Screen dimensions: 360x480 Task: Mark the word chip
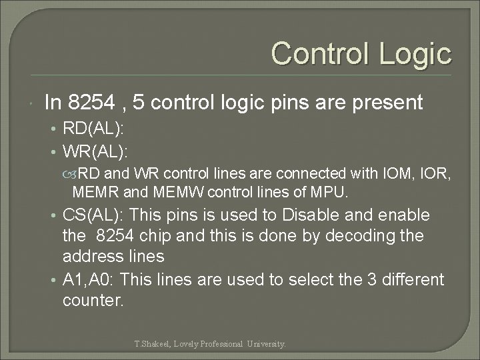162,236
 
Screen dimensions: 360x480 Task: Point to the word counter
92,300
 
